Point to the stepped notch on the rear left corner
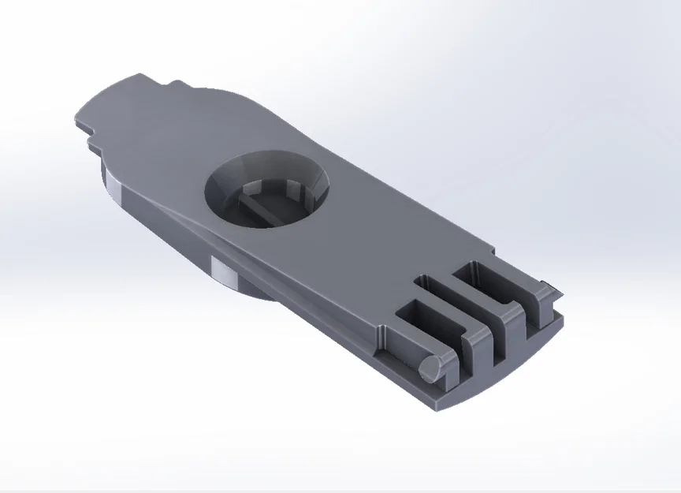[x=88, y=134]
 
